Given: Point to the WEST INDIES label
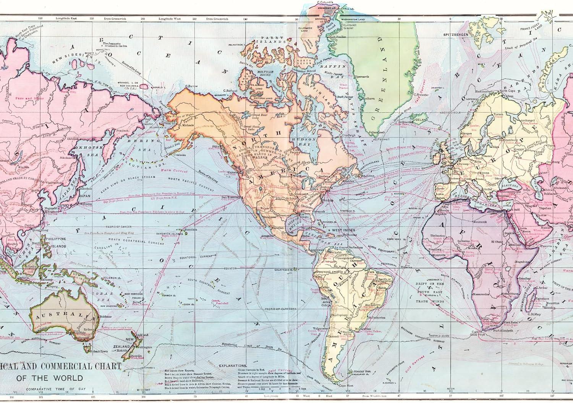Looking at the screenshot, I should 343,230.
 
